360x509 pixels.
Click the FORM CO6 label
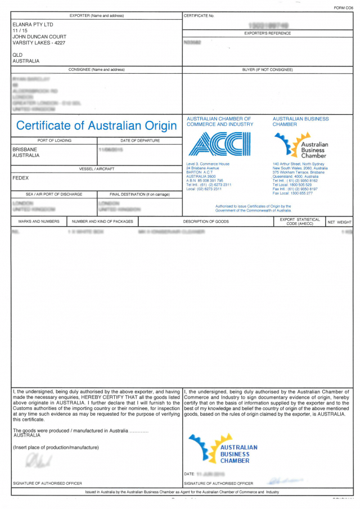pyautogui.click(x=343, y=8)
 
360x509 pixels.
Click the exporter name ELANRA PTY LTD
pyautogui.click(x=33, y=25)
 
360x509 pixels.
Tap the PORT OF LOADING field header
pyautogui.click(x=54, y=140)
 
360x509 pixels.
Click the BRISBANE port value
pyautogui.click(x=25, y=150)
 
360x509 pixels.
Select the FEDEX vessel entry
pyautogui.click(x=20, y=178)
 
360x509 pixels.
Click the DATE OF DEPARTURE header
pyautogui.click(x=140, y=140)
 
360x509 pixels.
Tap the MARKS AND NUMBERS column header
pyautogui.click(x=39, y=222)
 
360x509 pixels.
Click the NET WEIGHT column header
pyautogui.click(x=339, y=222)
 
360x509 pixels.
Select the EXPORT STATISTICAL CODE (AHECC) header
pyautogui.click(x=300, y=222)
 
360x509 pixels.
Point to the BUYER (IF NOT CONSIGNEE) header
pyautogui.click(x=267, y=69)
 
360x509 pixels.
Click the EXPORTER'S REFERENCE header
pyautogui.click(x=267, y=33)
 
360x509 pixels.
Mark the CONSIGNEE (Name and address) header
pyautogui.click(x=96, y=69)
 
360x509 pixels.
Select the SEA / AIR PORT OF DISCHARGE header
pyautogui.click(x=54, y=194)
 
